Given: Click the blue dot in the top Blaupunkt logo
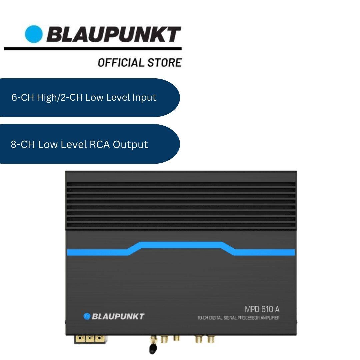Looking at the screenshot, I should (x=34, y=34).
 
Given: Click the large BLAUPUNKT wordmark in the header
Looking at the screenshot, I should (x=113, y=34).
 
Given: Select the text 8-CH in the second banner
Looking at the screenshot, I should (x=22, y=145).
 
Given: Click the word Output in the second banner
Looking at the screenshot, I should (x=130, y=145).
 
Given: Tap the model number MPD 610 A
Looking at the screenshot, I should (x=262, y=309).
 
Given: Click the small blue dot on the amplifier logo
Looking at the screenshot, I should (x=87, y=316).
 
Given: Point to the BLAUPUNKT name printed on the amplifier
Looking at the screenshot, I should (x=118, y=316).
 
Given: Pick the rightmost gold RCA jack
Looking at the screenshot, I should (x=211, y=339).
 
